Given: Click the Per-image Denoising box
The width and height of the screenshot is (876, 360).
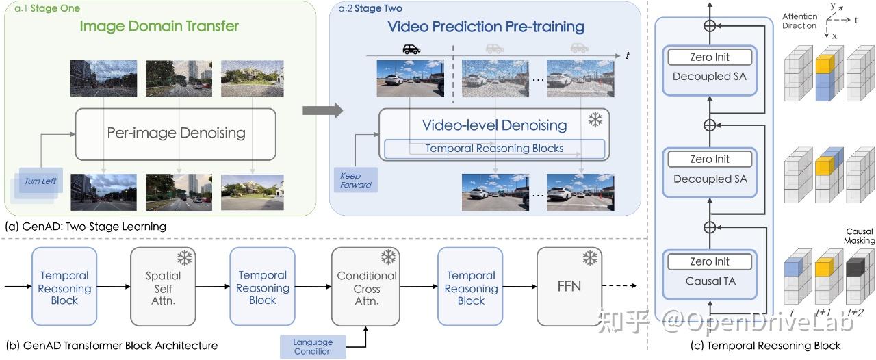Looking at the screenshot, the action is coord(176,134).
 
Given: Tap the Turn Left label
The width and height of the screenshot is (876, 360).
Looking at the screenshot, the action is coord(40,181).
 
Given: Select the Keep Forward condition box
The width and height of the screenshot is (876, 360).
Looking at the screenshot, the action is coord(355,180).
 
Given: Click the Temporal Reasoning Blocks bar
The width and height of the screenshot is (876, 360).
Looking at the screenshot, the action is coord(494,149).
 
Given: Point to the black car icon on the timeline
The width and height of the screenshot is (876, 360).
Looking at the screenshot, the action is coord(411,49).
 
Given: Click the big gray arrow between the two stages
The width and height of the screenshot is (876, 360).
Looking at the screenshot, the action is coord(322,110).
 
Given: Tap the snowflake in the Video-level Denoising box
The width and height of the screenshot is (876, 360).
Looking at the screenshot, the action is coord(595,120).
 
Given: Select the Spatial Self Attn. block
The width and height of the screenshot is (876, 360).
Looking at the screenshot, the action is coord(163,287).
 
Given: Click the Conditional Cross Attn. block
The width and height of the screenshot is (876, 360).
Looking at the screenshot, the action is coord(365,287).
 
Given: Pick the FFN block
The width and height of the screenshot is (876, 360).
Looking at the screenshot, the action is coord(569,287).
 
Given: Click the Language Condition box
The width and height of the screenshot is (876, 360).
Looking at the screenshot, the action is coord(313,347).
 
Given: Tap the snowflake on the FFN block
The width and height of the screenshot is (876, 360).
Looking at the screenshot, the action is coord(590,258).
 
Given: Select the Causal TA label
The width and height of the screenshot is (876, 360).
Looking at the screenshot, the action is coord(710,281).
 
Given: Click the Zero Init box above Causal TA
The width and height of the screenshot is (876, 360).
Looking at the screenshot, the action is coord(710,261).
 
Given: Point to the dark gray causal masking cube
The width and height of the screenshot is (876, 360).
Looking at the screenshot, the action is coord(855,268).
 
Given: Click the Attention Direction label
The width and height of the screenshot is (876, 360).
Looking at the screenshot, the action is coord(800,21).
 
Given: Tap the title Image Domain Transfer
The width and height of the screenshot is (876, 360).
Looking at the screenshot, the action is coord(159,26).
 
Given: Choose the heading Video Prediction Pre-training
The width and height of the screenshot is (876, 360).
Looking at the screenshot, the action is coord(486,27).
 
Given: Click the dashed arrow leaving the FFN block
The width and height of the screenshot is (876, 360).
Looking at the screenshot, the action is coord(619,286).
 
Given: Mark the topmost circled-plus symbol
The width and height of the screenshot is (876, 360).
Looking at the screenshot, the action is coord(710,26).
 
